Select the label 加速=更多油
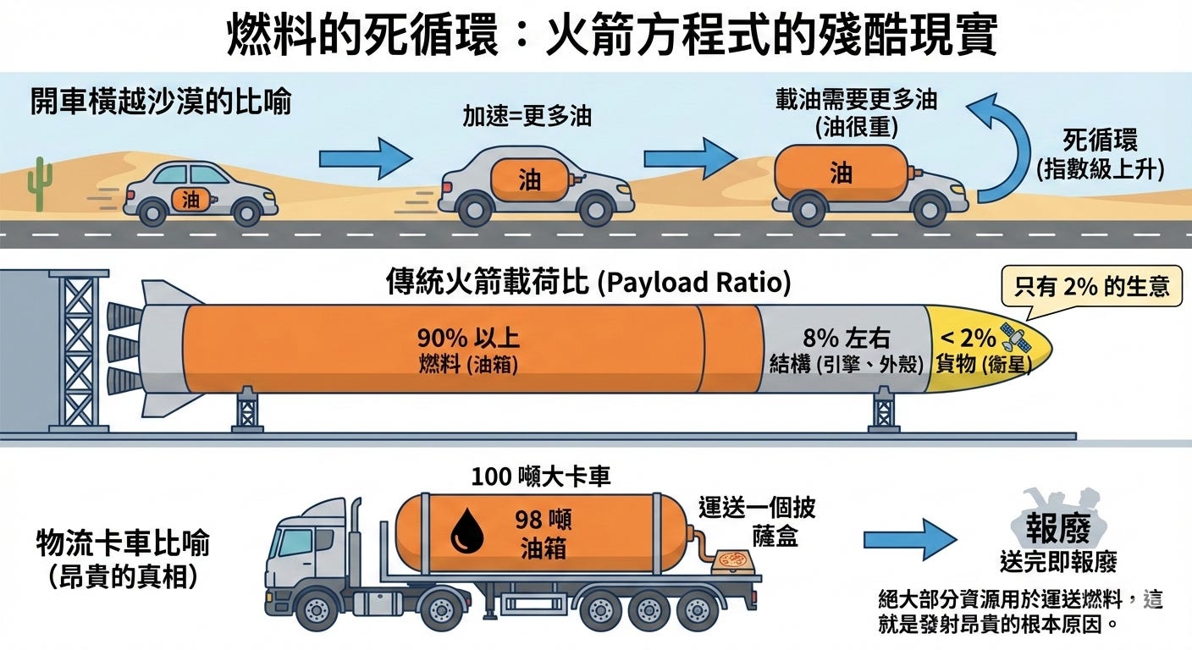tap(527, 117)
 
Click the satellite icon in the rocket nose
tap(1013, 338)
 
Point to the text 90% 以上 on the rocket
tap(467, 339)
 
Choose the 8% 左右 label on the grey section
tap(846, 339)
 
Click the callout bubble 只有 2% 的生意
tap(1091, 286)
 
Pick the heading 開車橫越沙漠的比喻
tap(161, 102)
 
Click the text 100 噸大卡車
tap(541, 476)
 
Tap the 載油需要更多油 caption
tap(856, 101)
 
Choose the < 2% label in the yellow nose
tap(966, 338)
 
